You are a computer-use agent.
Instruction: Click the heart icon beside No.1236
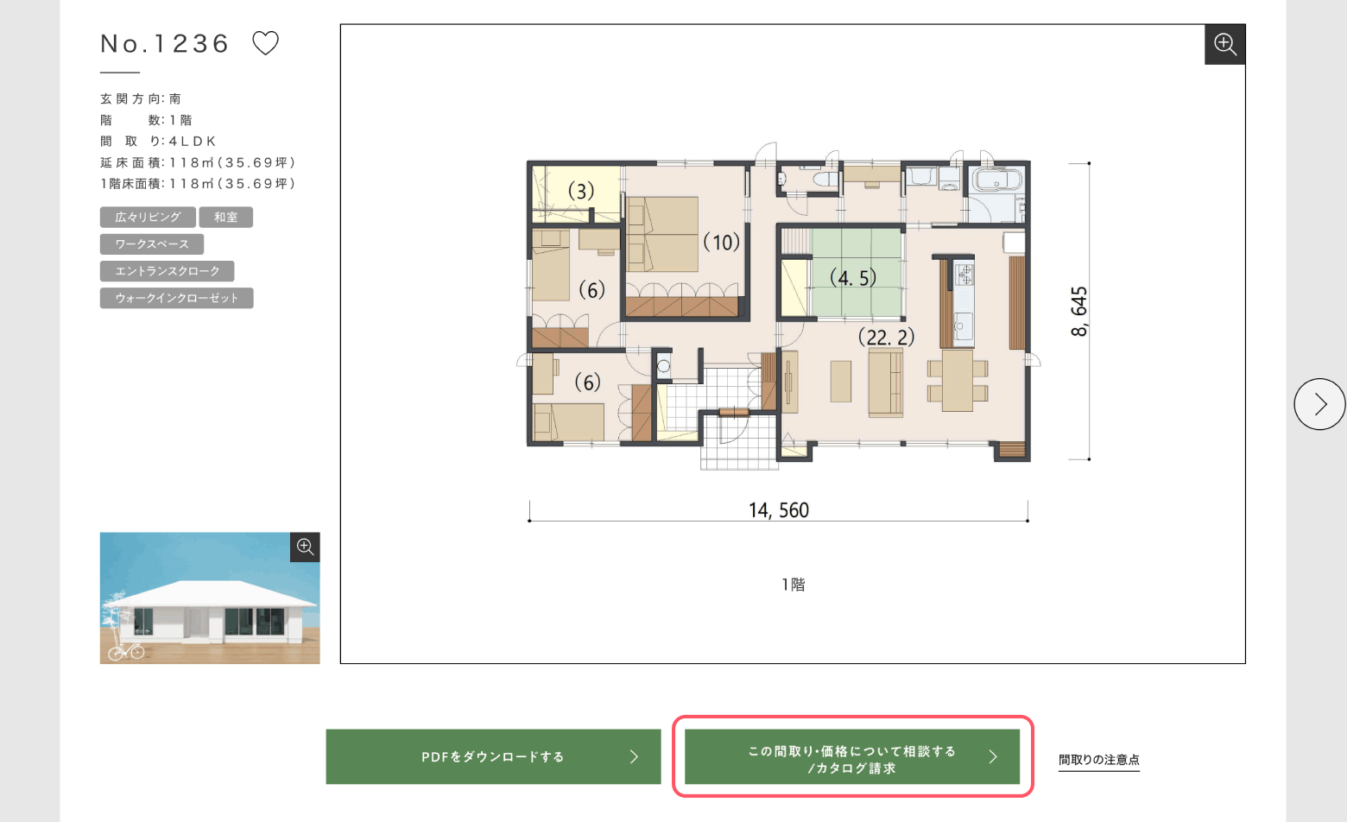click(265, 43)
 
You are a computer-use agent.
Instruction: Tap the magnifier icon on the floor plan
click(1225, 44)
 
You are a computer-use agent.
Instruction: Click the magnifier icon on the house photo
click(305, 547)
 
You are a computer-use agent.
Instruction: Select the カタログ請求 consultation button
click(852, 756)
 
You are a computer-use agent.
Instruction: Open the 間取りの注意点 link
click(1098, 760)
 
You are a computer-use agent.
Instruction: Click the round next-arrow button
click(1319, 404)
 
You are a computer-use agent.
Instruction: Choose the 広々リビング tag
click(148, 217)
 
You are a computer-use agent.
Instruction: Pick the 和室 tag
click(226, 217)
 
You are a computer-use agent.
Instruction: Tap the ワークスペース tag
click(152, 244)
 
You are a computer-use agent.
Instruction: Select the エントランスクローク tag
click(168, 271)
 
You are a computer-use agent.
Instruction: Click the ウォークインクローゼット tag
click(177, 298)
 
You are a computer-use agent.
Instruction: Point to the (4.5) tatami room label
click(853, 278)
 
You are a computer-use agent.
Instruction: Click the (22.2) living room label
click(887, 337)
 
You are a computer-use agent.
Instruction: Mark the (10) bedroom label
click(722, 243)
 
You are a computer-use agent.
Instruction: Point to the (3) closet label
click(581, 191)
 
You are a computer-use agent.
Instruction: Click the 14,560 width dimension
click(779, 510)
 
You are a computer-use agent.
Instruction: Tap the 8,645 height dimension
click(1078, 311)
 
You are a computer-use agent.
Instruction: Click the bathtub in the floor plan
click(997, 180)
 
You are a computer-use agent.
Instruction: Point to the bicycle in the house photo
click(126, 651)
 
